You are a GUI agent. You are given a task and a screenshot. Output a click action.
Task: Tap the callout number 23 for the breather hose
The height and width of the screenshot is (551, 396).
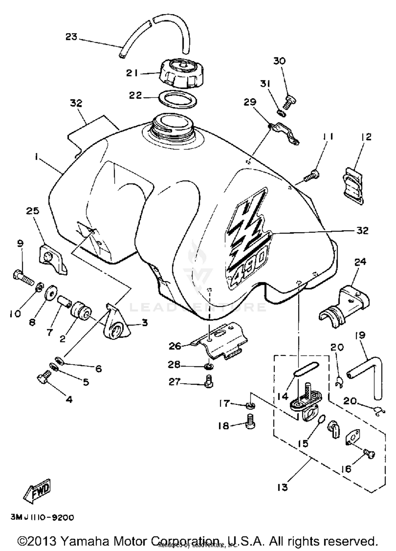[x=71, y=37]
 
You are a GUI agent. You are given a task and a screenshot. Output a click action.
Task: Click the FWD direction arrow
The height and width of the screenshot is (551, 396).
[x=37, y=490]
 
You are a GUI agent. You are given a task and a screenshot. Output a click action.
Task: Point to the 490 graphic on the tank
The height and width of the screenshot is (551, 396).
[x=248, y=267]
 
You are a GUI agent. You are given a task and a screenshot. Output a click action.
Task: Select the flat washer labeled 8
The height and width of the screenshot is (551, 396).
[x=51, y=291]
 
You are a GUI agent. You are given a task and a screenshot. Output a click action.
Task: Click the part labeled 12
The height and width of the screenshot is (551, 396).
[x=354, y=186]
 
